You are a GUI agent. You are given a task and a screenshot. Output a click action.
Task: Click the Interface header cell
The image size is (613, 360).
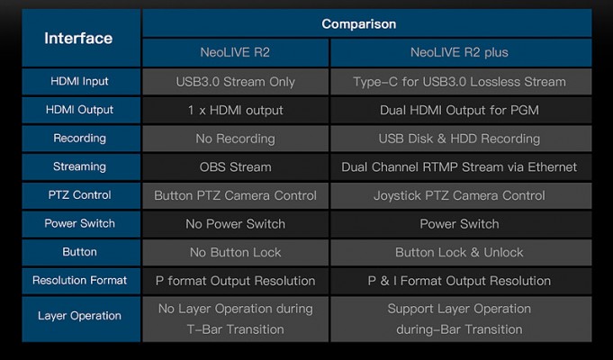[81, 38]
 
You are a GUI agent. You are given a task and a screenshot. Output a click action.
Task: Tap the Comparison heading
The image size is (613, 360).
[359, 23]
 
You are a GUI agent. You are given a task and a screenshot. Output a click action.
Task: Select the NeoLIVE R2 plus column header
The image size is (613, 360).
[461, 52]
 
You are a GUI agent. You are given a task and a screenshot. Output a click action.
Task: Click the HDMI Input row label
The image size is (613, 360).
[81, 81]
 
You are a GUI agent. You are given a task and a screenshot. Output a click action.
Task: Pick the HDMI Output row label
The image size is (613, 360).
[81, 110]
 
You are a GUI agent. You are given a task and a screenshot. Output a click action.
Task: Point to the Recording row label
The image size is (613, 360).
[81, 139]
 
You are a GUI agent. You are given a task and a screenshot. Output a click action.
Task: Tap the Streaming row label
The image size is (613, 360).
[81, 166]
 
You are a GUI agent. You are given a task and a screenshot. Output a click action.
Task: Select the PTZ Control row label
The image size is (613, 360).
[81, 195]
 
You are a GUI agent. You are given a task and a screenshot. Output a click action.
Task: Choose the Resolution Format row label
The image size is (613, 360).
[81, 280]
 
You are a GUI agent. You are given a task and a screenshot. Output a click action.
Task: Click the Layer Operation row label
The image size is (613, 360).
[81, 319]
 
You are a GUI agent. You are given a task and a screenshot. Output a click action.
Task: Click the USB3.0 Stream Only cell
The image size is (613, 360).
[235, 82]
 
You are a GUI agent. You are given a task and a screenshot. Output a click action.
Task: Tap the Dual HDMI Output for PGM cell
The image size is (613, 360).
[461, 110]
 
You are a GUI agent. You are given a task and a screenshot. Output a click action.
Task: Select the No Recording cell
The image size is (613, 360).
[235, 139]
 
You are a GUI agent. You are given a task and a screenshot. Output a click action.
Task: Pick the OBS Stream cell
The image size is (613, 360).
[235, 166]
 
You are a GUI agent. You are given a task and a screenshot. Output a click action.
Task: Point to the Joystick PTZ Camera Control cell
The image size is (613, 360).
[461, 195]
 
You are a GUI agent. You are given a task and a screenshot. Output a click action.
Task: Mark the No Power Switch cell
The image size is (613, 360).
[235, 223]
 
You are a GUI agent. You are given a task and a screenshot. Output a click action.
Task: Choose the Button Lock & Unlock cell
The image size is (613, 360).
[461, 252]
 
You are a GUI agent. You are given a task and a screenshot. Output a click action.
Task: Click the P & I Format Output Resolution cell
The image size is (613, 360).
[461, 280]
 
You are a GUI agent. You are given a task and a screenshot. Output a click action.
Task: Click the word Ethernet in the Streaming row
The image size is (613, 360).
[552, 166]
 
